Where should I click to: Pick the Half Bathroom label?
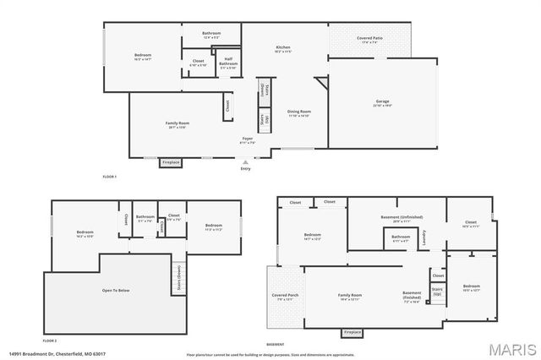pyautogui.click(x=228, y=62)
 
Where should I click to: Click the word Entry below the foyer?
pyautogui.click(x=245, y=169)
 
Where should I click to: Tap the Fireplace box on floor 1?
pyautogui.click(x=172, y=161)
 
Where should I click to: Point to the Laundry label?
pyautogui.click(x=424, y=239)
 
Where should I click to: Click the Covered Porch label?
pyautogui.click(x=283, y=297)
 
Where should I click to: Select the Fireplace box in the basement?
pyautogui.click(x=353, y=332)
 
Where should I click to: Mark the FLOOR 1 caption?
pyautogui.click(x=109, y=176)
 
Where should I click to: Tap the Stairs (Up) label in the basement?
pyautogui.click(x=437, y=292)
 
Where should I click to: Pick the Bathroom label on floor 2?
pyautogui.click(x=145, y=218)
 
